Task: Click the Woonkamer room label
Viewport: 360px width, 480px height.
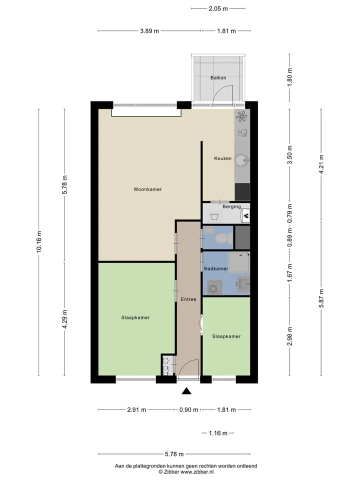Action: tap(147, 189)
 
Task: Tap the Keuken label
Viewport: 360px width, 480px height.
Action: tap(222, 158)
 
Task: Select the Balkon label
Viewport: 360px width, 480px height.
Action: tap(218, 78)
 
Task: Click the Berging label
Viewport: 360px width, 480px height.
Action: tap(231, 206)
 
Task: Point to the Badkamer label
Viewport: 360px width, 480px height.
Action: tap(216, 268)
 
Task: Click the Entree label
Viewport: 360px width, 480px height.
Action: tap(188, 299)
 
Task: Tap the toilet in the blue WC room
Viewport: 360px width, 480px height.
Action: tap(223, 237)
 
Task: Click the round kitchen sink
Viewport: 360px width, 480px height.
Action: tap(243, 160)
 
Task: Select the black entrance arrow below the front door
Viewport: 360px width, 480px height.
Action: tap(186, 391)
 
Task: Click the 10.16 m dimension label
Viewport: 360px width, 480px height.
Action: tap(39, 242)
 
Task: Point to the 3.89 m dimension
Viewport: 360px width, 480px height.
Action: tap(149, 31)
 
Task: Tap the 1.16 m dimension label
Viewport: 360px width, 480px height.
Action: tap(218, 433)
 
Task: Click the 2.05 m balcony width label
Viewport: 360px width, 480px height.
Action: tap(218, 8)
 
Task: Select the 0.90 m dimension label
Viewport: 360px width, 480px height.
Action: tap(188, 409)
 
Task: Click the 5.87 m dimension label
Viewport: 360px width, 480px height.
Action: tap(321, 298)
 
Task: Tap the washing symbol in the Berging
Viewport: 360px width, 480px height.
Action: tap(214, 216)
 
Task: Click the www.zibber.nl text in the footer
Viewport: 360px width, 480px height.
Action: tap(197, 472)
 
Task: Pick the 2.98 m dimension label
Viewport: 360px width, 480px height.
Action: tap(289, 336)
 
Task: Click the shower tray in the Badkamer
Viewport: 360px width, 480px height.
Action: tap(239, 262)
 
